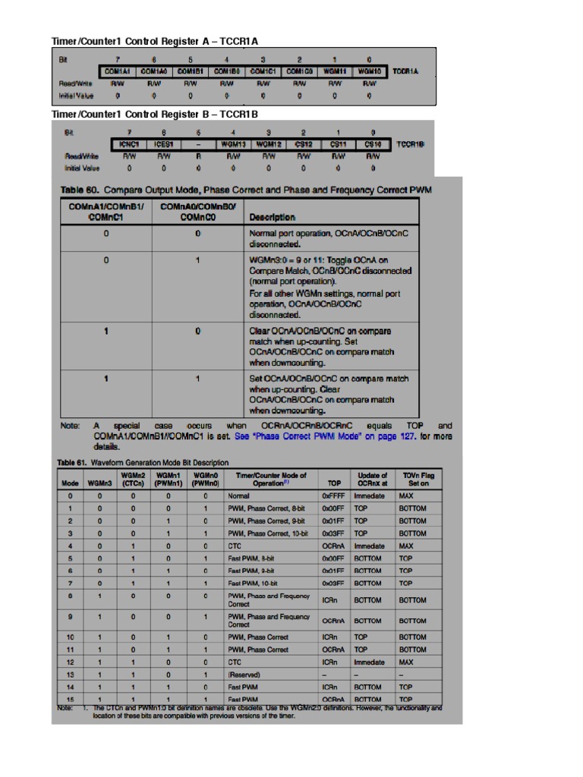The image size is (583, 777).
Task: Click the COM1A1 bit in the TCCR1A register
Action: point(117,71)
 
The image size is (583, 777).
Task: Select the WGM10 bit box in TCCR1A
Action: point(369,71)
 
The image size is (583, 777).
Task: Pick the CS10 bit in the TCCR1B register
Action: point(372,143)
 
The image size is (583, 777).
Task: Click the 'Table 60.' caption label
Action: point(79,190)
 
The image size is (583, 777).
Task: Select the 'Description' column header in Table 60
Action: point(272,217)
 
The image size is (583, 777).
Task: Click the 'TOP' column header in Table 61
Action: point(334,482)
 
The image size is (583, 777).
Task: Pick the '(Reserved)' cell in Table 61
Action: point(244,675)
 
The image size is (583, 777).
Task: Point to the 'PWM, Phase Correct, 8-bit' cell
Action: point(266,508)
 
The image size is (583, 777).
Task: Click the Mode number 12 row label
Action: point(70,662)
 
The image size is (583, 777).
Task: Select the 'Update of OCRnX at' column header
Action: point(372,479)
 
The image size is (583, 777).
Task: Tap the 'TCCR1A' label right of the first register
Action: point(405,71)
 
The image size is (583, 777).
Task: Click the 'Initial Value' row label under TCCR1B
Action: point(81,168)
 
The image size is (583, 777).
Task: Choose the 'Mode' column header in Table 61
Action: point(70,482)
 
